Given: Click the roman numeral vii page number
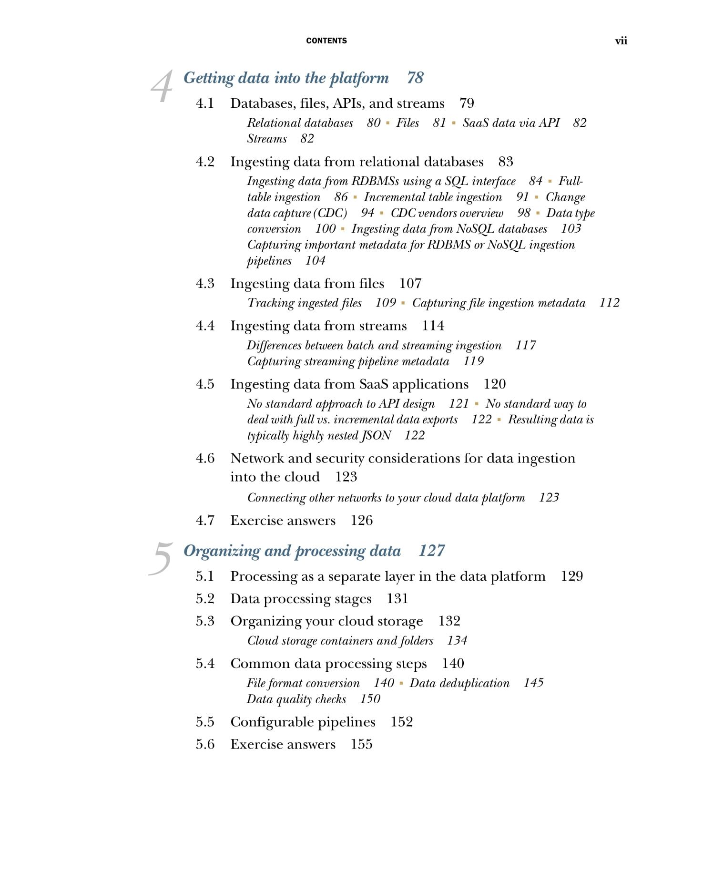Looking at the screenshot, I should [621, 41].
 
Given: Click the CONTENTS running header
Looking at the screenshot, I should [326, 41].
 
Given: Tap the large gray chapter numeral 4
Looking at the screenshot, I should [162, 86].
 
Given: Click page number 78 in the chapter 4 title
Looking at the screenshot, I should [415, 78].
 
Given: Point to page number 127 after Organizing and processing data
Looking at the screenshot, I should [431, 551].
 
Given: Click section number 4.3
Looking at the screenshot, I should [205, 284].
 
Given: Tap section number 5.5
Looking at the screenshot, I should [205, 722].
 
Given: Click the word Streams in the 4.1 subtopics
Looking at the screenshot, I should [267, 139].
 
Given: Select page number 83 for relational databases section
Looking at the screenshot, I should [506, 162].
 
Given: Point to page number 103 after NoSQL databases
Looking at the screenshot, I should [571, 229].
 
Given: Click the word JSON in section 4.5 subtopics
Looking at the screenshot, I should [377, 436].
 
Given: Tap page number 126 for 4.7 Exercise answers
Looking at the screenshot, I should [361, 521].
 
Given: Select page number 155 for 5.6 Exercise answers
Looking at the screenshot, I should [361, 744].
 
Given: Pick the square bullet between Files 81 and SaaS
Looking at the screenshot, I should [453, 123].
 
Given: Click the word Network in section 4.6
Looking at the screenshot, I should [257, 458].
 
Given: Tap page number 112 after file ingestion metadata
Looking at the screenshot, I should [609, 303].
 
